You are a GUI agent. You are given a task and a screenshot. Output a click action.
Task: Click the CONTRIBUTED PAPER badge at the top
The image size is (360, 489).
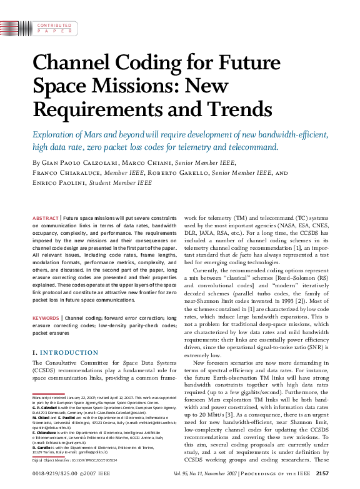pos(54,29)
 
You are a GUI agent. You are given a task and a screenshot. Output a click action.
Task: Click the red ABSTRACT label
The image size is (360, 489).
pos(45,218)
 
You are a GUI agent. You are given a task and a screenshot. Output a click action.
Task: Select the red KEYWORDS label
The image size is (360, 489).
pos(46,318)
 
